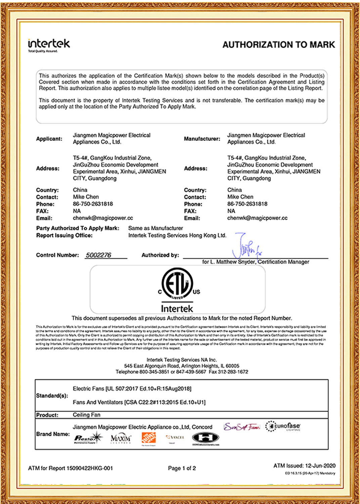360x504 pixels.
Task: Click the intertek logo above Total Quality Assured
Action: click(49, 44)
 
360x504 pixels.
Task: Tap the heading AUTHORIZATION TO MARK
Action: click(278, 45)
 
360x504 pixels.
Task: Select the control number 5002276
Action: click(98, 255)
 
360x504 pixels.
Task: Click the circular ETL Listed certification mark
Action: click(177, 284)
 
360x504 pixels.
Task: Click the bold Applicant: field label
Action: click(49, 139)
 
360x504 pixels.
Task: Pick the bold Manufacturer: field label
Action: click(202, 139)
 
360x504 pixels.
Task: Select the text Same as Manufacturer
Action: click(155, 228)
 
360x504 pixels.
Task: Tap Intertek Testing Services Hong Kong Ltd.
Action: click(177, 236)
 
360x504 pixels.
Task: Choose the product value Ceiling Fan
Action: click(87, 415)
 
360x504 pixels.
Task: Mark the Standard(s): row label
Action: click(52, 395)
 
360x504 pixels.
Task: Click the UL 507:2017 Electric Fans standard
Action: click(132, 389)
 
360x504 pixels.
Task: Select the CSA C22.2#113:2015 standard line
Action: click(139, 402)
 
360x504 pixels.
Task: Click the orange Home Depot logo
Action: click(148, 439)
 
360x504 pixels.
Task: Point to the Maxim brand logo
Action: click(121, 438)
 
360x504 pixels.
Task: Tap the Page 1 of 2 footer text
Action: click(182, 468)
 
